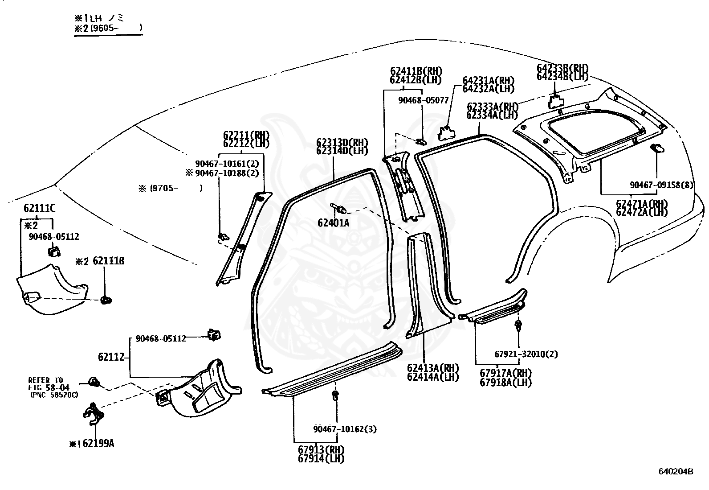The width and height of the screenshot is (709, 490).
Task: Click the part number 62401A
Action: click(334, 222)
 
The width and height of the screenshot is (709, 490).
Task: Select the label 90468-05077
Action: click(423, 100)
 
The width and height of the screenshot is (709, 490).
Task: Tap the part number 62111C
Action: click(40, 208)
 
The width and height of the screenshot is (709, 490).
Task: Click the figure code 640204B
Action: click(676, 471)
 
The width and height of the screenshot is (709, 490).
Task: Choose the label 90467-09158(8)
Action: click(661, 185)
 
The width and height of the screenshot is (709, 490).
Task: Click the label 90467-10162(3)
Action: click(345, 429)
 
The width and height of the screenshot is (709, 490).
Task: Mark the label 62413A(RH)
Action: click(433, 368)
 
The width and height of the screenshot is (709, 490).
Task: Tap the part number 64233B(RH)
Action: click(562, 69)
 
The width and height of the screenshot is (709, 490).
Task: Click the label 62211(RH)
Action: click(246, 135)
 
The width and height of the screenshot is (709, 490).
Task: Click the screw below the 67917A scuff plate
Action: click(518, 325)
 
